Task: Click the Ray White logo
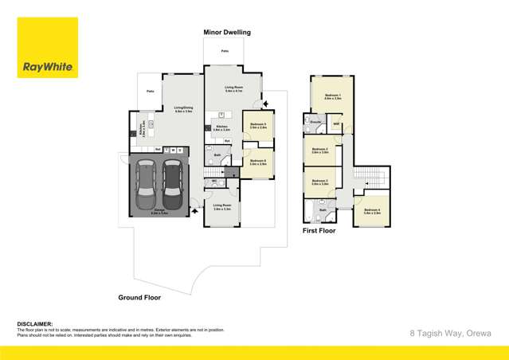point(47,48)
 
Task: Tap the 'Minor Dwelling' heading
point(227,33)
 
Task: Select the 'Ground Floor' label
point(140,297)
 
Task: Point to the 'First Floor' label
point(319,230)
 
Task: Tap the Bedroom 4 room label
point(372,211)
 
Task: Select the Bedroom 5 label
point(258,125)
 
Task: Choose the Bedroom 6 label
point(258,162)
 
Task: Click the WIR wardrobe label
point(336,125)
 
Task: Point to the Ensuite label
point(315,122)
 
